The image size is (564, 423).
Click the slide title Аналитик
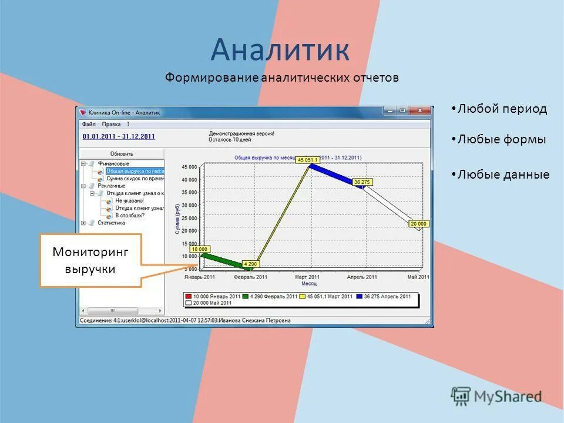click(280, 49)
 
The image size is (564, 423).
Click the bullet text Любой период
click(502, 109)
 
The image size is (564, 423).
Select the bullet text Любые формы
click(502, 140)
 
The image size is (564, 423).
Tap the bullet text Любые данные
click(503, 174)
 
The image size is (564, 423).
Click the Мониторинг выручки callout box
click(90, 260)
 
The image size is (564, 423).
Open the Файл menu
click(89, 124)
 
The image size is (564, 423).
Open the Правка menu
click(111, 124)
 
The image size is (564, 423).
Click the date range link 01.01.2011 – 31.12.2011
click(119, 136)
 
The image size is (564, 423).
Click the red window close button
click(419, 110)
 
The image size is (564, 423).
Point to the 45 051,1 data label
click(307, 160)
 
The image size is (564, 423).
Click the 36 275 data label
click(362, 182)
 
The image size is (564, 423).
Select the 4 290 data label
click(250, 264)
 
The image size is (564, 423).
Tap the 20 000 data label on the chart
click(419, 224)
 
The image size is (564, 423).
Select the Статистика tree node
click(111, 223)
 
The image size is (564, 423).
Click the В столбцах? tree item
click(129, 215)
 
